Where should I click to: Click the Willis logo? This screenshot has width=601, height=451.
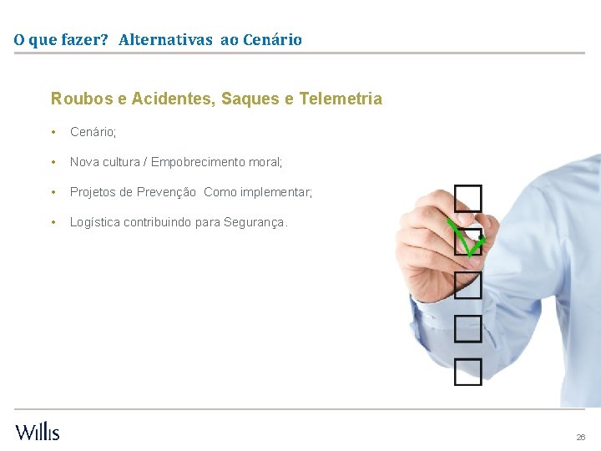pos(38,431)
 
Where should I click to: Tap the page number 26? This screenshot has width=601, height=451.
pos(581,437)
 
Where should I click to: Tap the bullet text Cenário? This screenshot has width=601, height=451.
pos(93,132)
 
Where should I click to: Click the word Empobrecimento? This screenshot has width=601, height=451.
pos(200,162)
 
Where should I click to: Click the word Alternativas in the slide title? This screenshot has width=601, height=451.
pos(165,39)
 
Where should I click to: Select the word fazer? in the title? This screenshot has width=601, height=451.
pos(84,39)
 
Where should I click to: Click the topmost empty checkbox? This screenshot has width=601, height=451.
pos(468,199)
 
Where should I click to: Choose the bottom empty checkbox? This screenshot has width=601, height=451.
pos(468,372)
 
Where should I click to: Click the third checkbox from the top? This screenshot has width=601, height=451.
pos(468,285)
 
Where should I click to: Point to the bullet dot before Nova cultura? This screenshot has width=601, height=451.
pos(53,162)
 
